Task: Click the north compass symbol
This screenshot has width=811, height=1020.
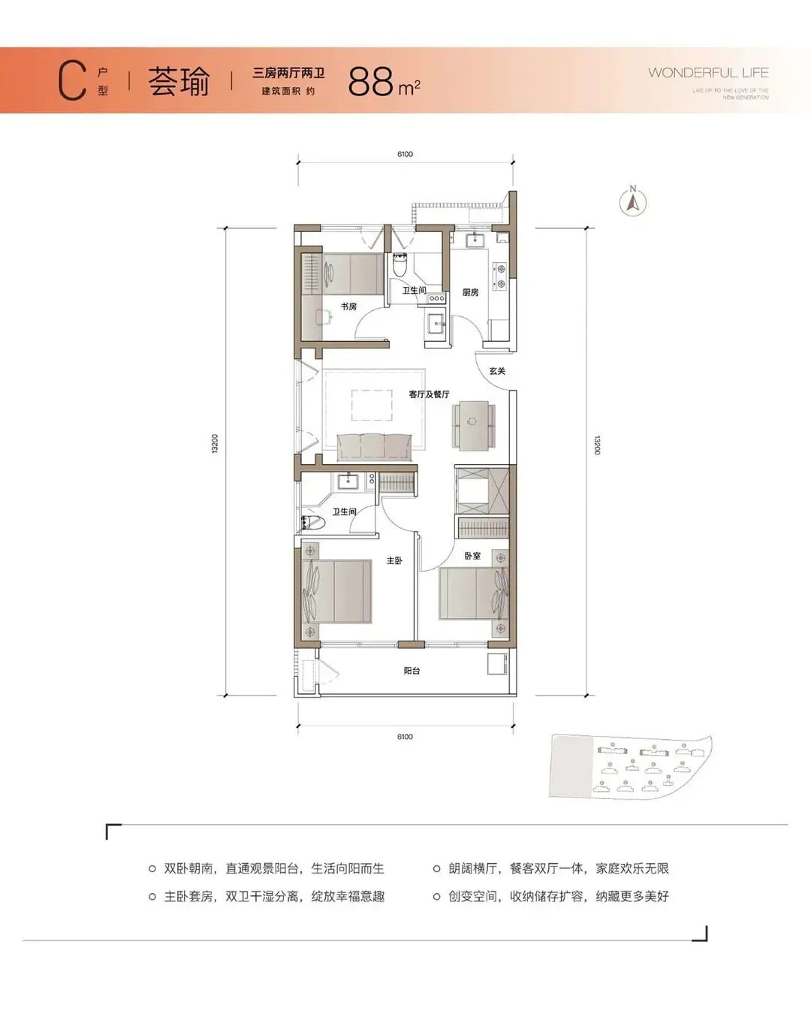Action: tap(633, 201)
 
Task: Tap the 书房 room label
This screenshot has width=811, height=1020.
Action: tap(348, 306)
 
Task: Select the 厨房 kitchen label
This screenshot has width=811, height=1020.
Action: tap(470, 292)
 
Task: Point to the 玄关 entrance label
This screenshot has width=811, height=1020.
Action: tap(497, 371)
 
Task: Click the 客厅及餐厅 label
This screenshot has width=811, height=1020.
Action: tap(429, 394)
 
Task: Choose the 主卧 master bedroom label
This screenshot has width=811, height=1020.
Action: tap(394, 560)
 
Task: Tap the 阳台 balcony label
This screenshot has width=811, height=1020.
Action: tap(412, 671)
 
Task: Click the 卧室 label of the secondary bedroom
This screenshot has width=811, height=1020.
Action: tap(472, 556)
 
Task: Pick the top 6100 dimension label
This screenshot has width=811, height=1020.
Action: tap(405, 154)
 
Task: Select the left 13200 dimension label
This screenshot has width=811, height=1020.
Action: tap(215, 444)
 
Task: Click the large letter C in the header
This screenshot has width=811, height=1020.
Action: tap(72, 81)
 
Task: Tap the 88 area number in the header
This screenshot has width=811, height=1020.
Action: tap(371, 82)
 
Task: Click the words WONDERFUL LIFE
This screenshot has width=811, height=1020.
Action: tap(708, 73)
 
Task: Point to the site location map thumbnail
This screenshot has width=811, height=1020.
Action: tap(629, 765)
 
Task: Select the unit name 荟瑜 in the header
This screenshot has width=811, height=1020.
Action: tap(179, 81)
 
